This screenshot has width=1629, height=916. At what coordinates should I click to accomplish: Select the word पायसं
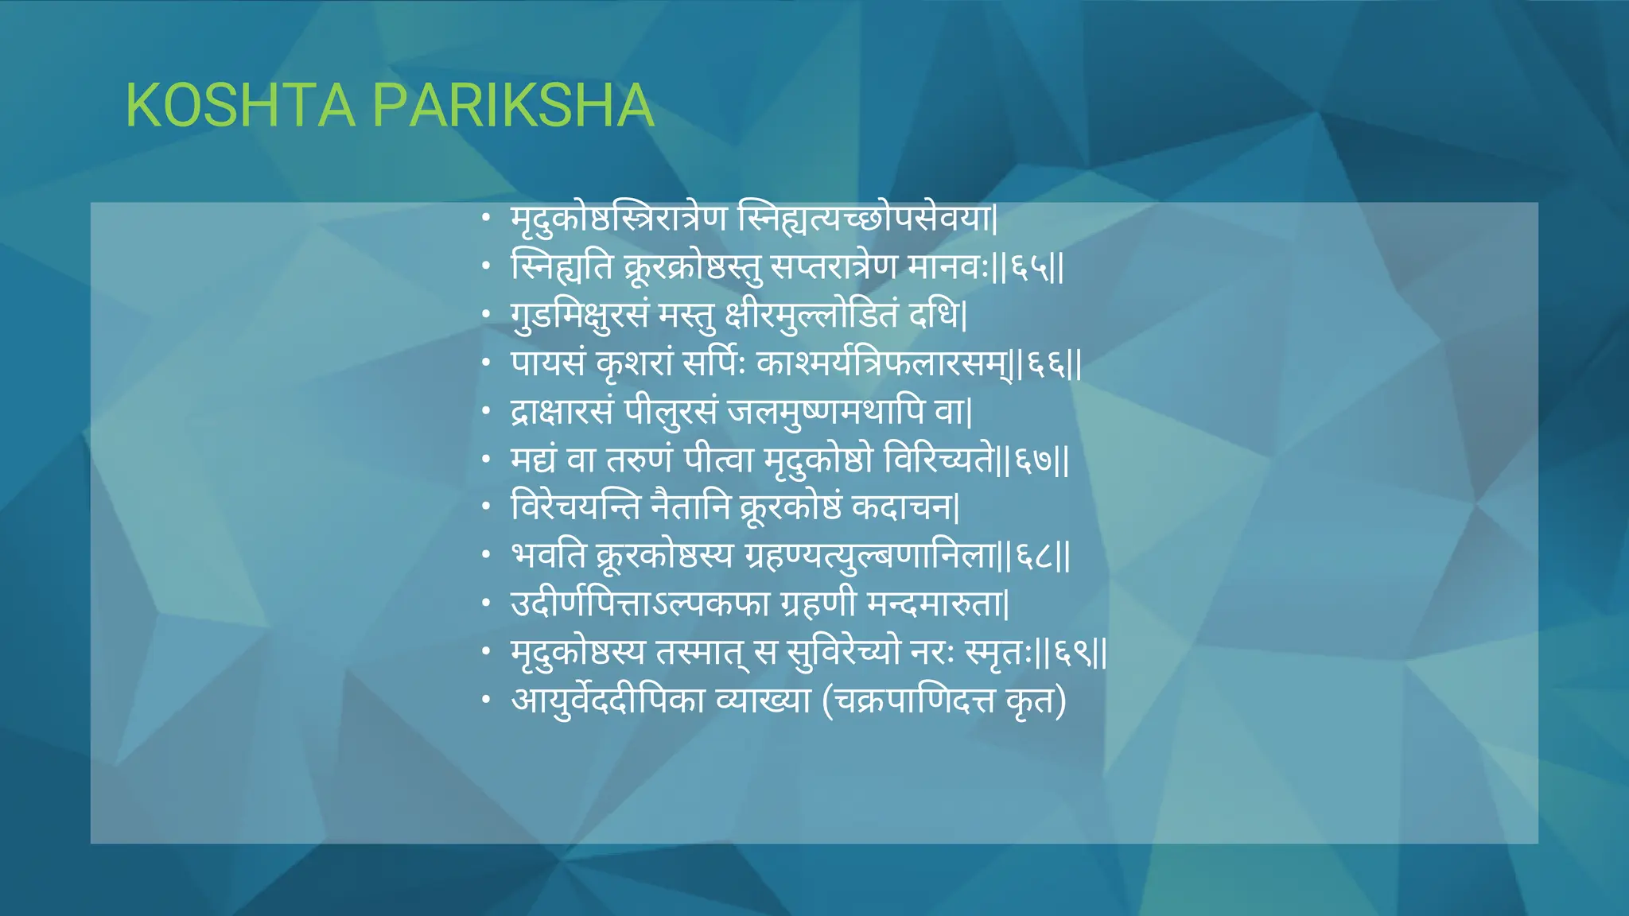click(548, 364)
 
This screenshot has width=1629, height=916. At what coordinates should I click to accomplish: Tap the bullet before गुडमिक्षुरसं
click(486, 316)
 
